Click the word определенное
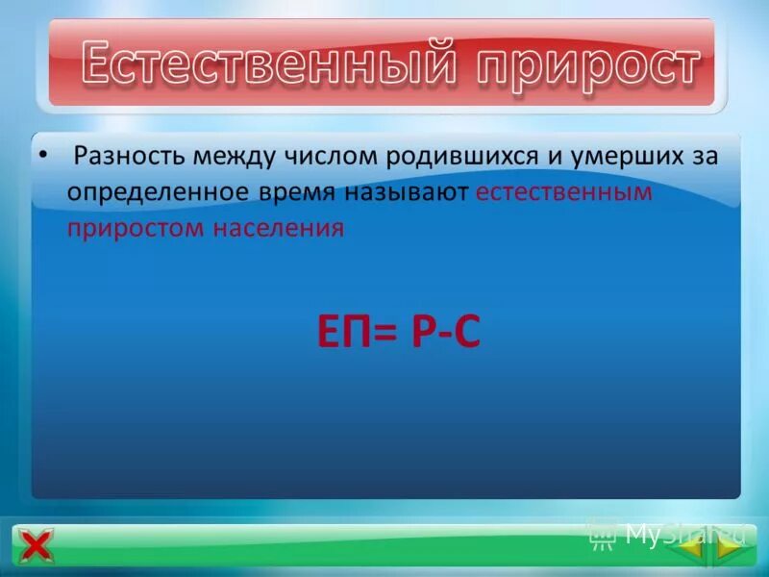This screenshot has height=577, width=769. pos(157,192)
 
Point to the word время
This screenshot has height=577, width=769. pos(296,192)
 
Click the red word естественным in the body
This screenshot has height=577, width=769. pos(564,192)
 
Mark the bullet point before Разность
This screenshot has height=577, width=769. pos(41,154)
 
